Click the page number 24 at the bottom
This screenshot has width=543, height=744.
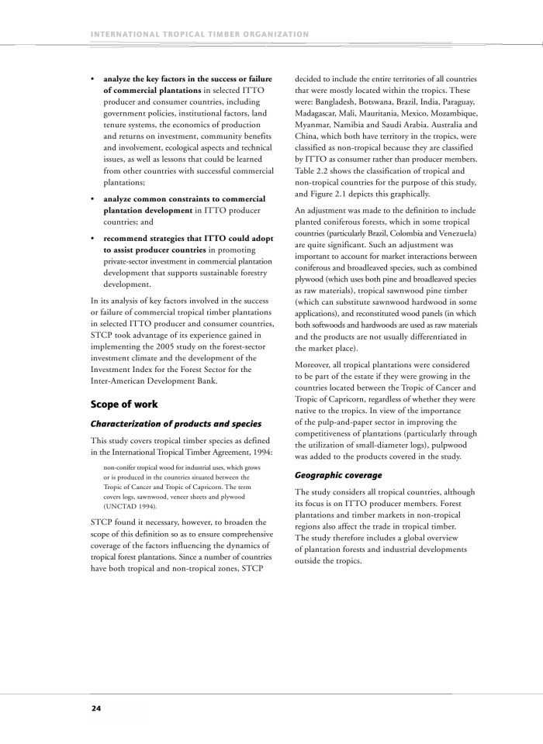tap(95, 708)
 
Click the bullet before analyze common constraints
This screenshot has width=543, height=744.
tap(93, 199)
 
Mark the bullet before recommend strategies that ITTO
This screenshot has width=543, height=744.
tap(93, 239)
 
